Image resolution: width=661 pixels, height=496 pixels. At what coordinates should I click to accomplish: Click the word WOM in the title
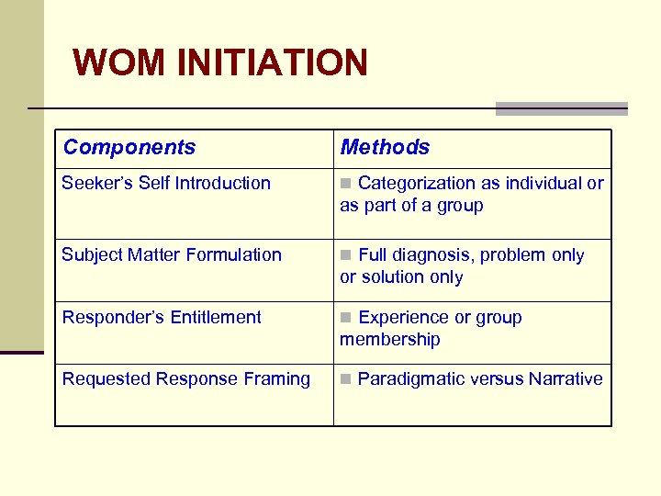coord(119,62)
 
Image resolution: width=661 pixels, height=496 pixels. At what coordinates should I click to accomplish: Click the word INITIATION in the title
coord(272,62)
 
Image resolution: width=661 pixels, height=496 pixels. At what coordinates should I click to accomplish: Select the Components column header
coord(129,147)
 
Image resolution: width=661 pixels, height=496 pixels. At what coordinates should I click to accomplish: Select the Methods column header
coord(385,147)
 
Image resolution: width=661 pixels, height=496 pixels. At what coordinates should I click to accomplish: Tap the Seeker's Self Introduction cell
coord(166,183)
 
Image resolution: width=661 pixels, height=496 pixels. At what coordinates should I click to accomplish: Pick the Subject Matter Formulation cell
coord(172,254)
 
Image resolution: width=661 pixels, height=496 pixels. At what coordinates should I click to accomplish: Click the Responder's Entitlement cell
coord(162,317)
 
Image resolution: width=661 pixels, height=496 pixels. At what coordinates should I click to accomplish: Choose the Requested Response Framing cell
coord(185,378)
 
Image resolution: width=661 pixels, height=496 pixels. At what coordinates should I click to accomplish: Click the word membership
coord(390,339)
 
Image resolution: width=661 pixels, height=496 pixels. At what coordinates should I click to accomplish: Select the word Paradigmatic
coord(410,378)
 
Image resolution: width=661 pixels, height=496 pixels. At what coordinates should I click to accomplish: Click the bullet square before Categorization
coord(345,184)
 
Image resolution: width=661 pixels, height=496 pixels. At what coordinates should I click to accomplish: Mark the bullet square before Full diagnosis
coord(345,255)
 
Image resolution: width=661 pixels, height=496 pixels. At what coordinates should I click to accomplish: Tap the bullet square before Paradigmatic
coord(345,379)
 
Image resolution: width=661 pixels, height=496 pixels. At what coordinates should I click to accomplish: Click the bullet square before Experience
coord(345,318)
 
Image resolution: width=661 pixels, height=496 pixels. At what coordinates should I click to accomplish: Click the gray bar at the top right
coord(561,108)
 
